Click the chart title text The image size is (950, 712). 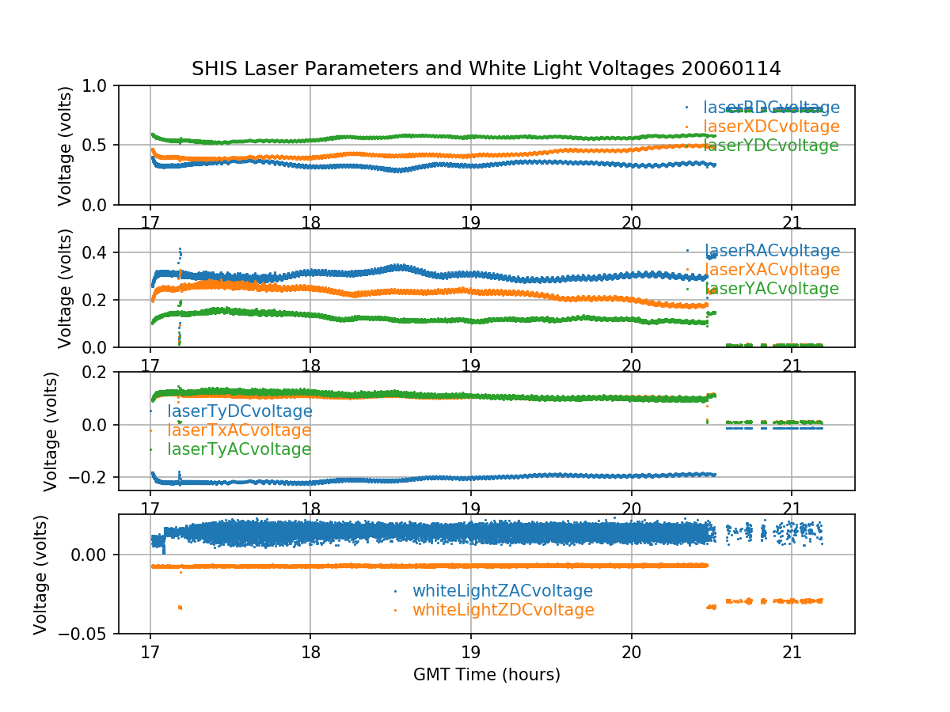486,69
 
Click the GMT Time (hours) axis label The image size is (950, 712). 486,675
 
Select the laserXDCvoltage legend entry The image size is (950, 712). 771,127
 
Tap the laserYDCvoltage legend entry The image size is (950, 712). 771,146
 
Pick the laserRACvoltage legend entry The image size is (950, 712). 771,251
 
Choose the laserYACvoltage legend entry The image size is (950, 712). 771,289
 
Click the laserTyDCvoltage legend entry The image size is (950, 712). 239,411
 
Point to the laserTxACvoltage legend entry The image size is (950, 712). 239,430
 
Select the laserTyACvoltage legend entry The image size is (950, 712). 239,449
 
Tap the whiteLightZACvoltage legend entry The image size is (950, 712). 502,591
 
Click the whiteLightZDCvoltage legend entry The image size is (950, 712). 503,610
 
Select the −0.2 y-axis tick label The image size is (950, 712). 93,477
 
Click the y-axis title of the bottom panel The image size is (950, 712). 41,574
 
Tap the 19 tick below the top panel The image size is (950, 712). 471,222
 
